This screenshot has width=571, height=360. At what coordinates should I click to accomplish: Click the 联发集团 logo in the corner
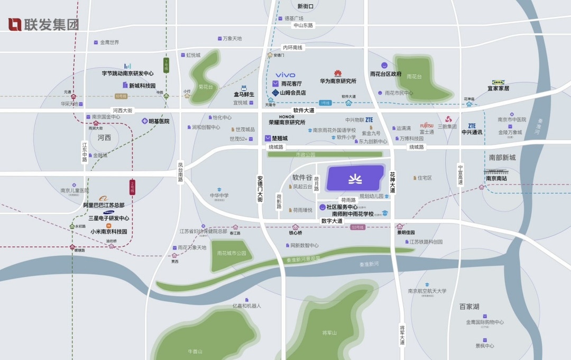click(x=43, y=24)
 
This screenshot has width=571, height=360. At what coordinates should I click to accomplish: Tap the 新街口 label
click(x=306, y=6)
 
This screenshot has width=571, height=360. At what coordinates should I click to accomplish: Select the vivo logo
click(x=285, y=75)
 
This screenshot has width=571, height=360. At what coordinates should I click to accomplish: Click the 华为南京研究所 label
click(x=338, y=81)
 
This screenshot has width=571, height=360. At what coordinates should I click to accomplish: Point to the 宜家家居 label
click(x=499, y=89)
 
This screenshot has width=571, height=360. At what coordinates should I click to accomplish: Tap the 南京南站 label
click(x=496, y=178)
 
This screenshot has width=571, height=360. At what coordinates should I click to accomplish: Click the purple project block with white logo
click(x=355, y=178)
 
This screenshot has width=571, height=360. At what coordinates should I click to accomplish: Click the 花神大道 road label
click(x=392, y=181)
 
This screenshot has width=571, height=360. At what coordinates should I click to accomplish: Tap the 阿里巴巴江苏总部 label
click(x=104, y=205)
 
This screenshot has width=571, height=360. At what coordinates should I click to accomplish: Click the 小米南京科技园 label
click(x=108, y=232)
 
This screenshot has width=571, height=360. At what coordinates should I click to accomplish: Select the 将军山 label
click(x=329, y=333)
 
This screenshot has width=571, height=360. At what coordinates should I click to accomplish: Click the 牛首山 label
click(x=195, y=352)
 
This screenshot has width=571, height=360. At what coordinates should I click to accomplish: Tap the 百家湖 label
click(x=469, y=307)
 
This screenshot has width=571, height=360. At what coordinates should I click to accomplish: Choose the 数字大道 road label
click(x=332, y=221)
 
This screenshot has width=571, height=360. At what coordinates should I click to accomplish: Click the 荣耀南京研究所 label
click(x=287, y=122)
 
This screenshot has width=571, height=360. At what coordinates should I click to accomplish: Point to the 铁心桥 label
click(x=296, y=233)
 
